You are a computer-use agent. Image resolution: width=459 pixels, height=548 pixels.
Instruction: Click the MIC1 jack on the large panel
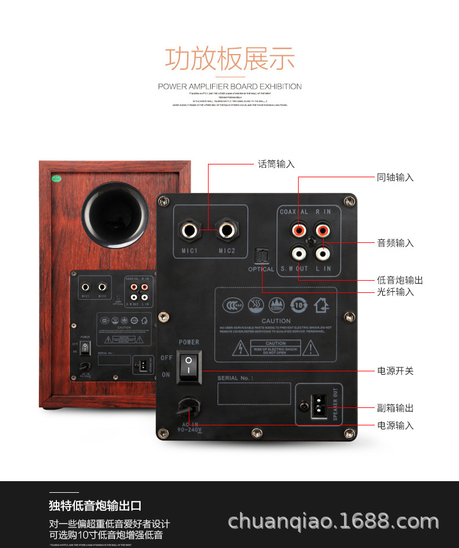pyautogui.click(x=190, y=231)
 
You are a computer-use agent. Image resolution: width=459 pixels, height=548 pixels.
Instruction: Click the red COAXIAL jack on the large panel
pyautogui.click(x=299, y=231)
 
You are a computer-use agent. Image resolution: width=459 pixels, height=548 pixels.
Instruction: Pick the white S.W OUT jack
pyautogui.click(x=299, y=253)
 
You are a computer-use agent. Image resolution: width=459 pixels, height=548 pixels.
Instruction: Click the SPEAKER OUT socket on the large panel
pyautogui.click(x=319, y=404)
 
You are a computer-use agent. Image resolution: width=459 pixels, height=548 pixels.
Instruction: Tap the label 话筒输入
pyautogui.click(x=277, y=164)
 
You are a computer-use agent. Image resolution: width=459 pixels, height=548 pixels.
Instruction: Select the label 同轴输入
pyautogui.click(x=396, y=177)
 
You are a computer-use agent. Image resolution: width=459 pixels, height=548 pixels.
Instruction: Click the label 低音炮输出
pyautogui.click(x=400, y=280)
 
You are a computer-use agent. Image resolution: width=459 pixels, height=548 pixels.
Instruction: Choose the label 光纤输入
pyautogui.click(x=396, y=292)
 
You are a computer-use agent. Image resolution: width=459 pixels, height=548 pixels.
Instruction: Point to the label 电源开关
pyautogui.click(x=396, y=370)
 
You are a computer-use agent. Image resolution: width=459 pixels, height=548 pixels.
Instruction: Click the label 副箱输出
pyautogui.click(x=396, y=408)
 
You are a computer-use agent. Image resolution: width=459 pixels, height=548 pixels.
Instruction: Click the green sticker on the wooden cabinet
pyautogui.click(x=57, y=178)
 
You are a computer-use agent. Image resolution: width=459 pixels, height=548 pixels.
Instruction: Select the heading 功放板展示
pyautogui.click(x=230, y=59)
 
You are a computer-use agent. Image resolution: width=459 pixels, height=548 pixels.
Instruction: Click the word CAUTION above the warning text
pyautogui.click(x=275, y=321)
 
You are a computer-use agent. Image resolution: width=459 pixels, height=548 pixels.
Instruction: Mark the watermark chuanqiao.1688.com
pyautogui.click(x=334, y=521)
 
